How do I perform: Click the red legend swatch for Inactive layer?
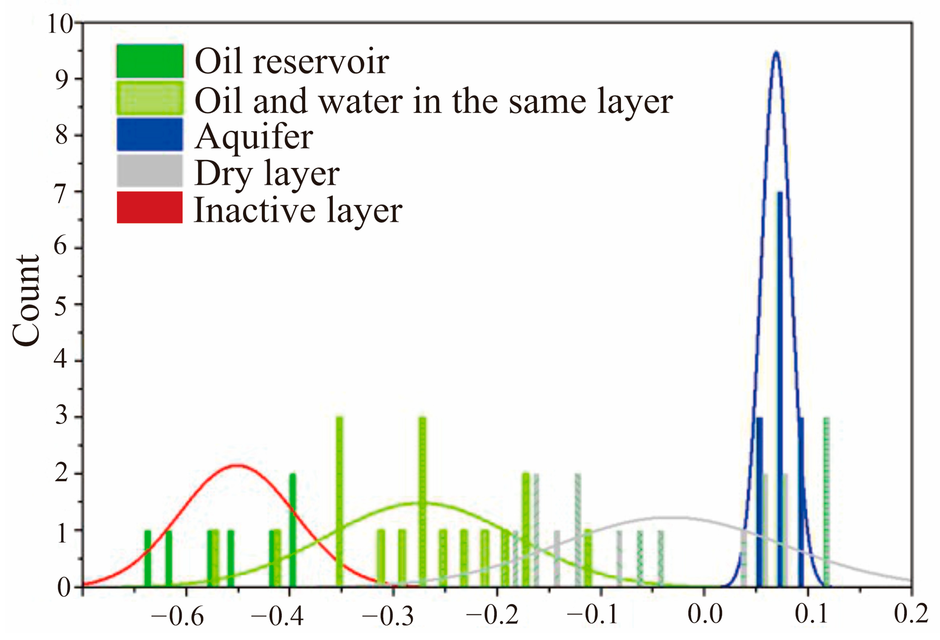tap(149, 207)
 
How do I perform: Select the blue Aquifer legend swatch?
tap(149, 134)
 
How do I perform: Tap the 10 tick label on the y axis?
tap(60, 24)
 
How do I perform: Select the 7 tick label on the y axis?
tap(61, 193)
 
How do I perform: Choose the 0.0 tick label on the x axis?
tap(705, 614)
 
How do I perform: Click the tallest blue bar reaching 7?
tap(779, 388)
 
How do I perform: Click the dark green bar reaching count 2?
tap(292, 530)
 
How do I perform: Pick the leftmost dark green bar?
tap(148, 558)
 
